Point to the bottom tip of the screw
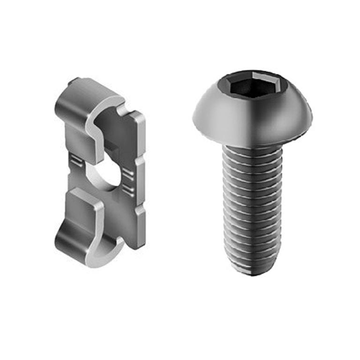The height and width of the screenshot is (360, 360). (254, 271)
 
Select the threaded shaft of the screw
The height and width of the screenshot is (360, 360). (252, 206)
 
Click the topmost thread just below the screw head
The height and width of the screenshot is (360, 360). (252, 149)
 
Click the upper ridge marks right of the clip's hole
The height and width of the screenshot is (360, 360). (128, 174)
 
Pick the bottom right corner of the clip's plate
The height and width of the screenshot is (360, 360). (141, 246)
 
